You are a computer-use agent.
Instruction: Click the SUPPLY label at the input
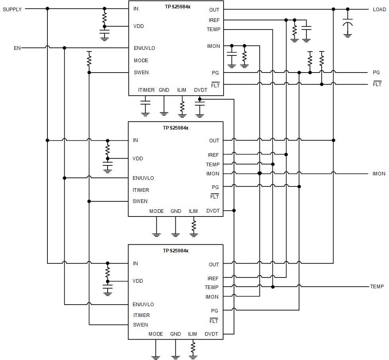click(x=12, y=9)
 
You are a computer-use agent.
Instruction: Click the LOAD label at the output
click(x=379, y=9)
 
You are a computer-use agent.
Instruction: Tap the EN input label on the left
click(x=17, y=48)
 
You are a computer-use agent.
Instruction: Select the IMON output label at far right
click(x=379, y=173)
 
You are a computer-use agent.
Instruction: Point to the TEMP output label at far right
click(x=377, y=287)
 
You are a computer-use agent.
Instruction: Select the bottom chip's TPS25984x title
click(x=175, y=251)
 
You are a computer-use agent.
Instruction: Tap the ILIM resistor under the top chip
click(x=182, y=106)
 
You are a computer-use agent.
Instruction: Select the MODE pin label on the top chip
click(x=141, y=61)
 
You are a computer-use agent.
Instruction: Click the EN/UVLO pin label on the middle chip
click(x=143, y=178)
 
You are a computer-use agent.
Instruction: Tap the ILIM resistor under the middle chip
click(x=194, y=225)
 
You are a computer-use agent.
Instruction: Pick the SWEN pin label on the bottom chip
click(x=140, y=325)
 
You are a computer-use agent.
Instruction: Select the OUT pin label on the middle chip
click(x=214, y=140)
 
